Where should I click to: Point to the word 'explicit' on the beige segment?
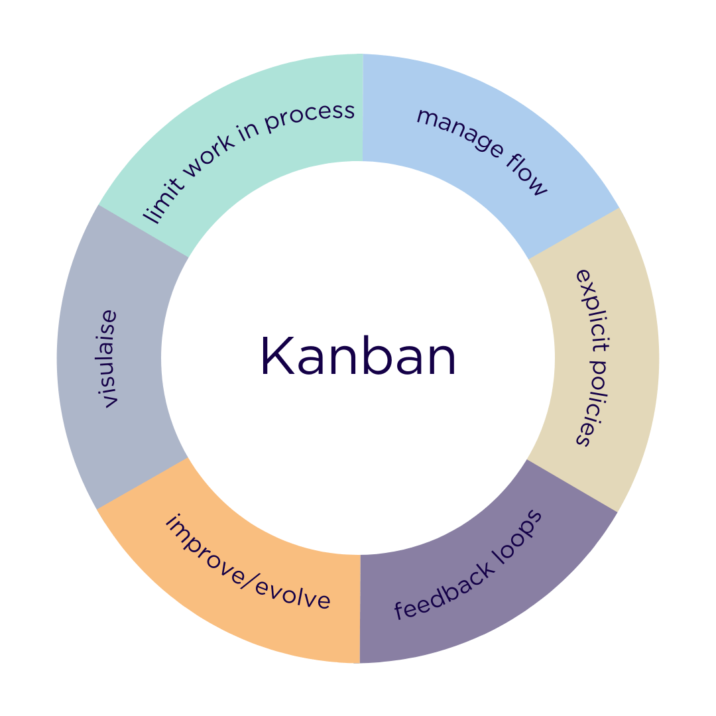[592, 306]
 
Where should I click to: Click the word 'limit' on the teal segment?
[158, 203]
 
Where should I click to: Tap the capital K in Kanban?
[276, 357]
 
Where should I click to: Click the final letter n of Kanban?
[441, 362]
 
